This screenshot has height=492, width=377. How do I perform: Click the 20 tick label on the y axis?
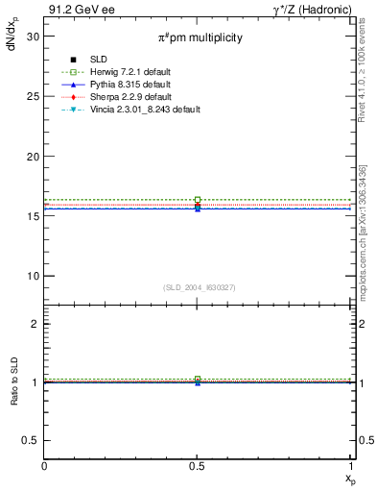(x=32, y=157)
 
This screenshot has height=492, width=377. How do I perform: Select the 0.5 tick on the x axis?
(x=198, y=466)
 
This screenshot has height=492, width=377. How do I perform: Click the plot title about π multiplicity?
(x=200, y=37)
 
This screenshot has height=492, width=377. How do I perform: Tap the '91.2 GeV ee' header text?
(x=76, y=11)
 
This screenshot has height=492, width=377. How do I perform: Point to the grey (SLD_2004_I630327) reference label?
(x=199, y=287)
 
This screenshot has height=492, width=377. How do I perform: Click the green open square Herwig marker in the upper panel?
(x=198, y=200)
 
